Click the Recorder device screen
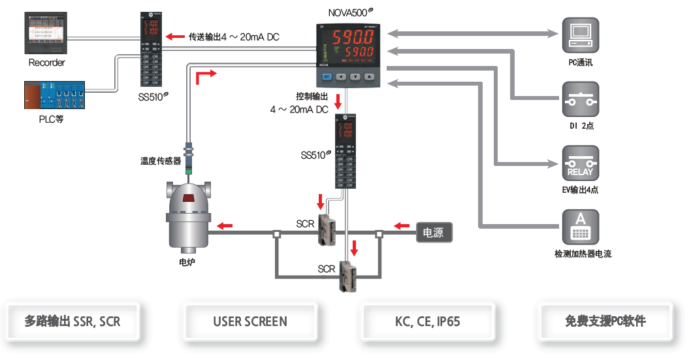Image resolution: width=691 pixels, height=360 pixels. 46,33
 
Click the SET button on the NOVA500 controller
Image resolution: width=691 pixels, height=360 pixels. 327,76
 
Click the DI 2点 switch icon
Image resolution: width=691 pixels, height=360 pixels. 580,100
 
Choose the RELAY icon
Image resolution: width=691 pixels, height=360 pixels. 580,164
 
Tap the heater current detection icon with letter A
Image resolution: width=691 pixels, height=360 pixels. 580,228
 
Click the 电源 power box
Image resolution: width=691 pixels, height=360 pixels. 434,232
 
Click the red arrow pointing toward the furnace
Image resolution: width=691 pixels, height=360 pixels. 224,226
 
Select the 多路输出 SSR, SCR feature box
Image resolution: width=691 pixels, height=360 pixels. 72,321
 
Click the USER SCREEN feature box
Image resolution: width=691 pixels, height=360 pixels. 249,321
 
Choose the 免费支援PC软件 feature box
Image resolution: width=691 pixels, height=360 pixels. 605,321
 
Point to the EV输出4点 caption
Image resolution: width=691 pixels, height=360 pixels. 580,190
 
